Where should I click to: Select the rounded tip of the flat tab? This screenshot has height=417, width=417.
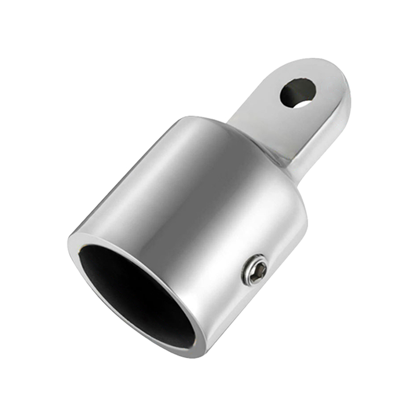tap(334, 70)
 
